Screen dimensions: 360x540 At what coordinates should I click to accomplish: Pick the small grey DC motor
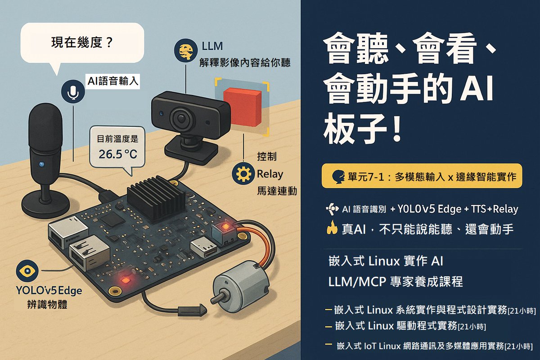pyautogui.click(x=239, y=283)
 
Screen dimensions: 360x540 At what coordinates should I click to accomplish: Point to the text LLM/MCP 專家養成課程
pyautogui.click(x=396, y=282)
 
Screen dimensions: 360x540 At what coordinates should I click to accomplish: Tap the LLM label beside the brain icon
pyautogui.click(x=213, y=46)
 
